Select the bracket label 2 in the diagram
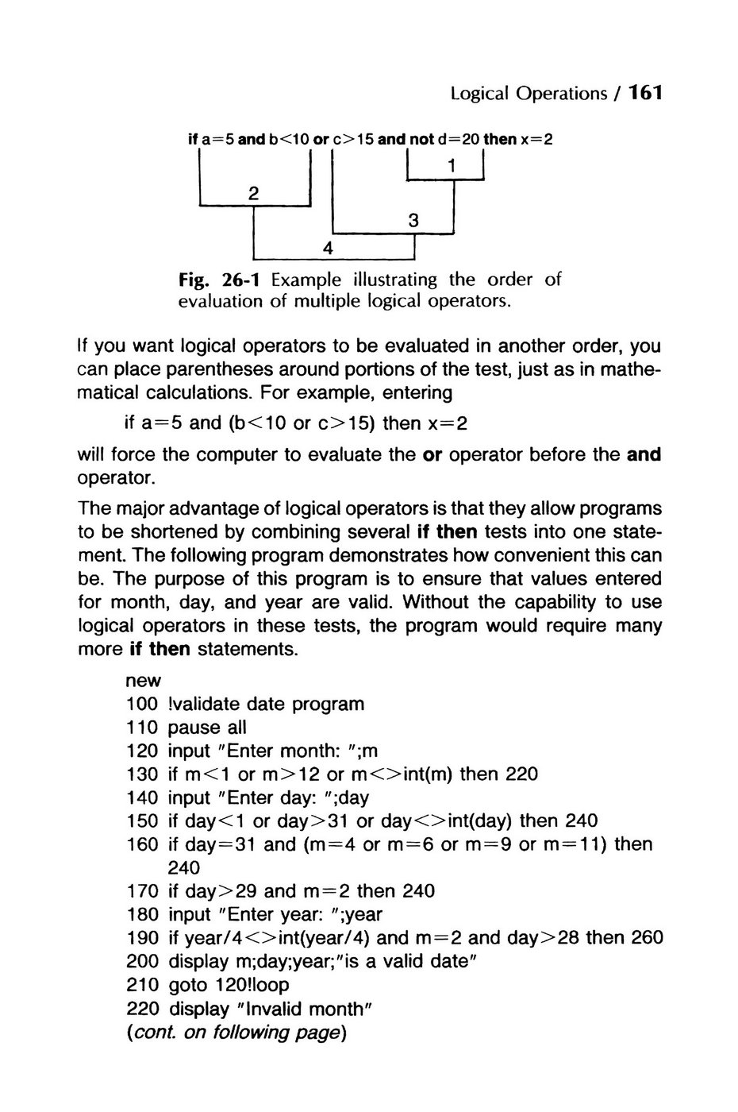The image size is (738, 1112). click(x=253, y=193)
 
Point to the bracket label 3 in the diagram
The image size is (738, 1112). click(x=413, y=221)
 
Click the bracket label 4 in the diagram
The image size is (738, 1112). click(x=327, y=248)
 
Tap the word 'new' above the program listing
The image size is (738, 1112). click(x=143, y=681)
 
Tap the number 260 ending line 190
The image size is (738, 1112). click(x=647, y=937)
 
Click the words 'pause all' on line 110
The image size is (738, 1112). click(x=207, y=728)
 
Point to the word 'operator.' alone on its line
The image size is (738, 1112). click(x=116, y=478)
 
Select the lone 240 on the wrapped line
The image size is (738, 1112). click(x=184, y=867)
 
